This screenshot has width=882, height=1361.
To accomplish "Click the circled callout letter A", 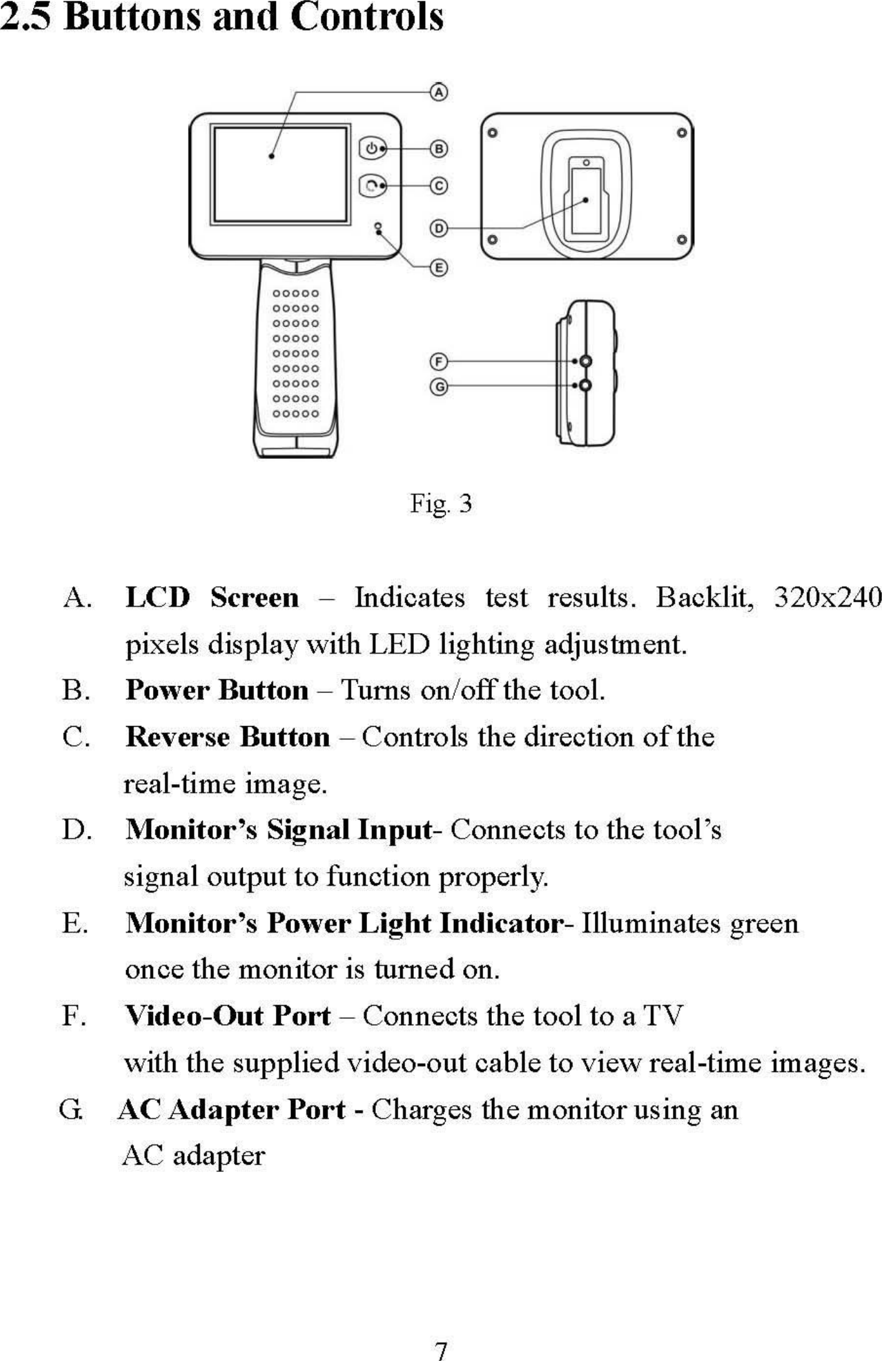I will pyautogui.click(x=439, y=92).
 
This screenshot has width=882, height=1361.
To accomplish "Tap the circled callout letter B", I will pyautogui.click(x=439, y=149).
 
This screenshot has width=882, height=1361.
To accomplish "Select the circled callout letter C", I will pyautogui.click(x=439, y=186).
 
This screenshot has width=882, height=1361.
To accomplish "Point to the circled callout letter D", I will pyautogui.click(x=439, y=228).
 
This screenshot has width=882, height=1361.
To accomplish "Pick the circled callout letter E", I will pyautogui.click(x=439, y=268).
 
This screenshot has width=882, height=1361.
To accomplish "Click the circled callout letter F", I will pyautogui.click(x=439, y=361).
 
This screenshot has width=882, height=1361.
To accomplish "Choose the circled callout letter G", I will pyautogui.click(x=439, y=387).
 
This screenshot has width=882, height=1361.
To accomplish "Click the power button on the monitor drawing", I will pyautogui.click(x=372, y=149).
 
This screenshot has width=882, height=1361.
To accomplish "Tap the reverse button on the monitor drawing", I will pyautogui.click(x=372, y=185).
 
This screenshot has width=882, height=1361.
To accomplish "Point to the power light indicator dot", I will pyautogui.click(x=378, y=225).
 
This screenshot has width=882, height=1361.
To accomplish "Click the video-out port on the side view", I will pyautogui.click(x=586, y=361).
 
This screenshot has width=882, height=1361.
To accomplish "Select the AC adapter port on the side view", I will pyautogui.click(x=586, y=386).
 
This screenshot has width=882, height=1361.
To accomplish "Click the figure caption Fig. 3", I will pyautogui.click(x=441, y=503).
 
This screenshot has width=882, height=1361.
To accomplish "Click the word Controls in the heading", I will pyautogui.click(x=366, y=17).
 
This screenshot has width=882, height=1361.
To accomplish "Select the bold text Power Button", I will pyautogui.click(x=217, y=690).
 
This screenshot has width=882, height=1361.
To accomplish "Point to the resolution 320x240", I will pyautogui.click(x=828, y=597).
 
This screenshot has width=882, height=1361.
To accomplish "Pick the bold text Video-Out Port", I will pyautogui.click(x=228, y=1016).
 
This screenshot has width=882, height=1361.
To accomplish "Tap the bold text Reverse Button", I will pyautogui.click(x=228, y=737).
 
